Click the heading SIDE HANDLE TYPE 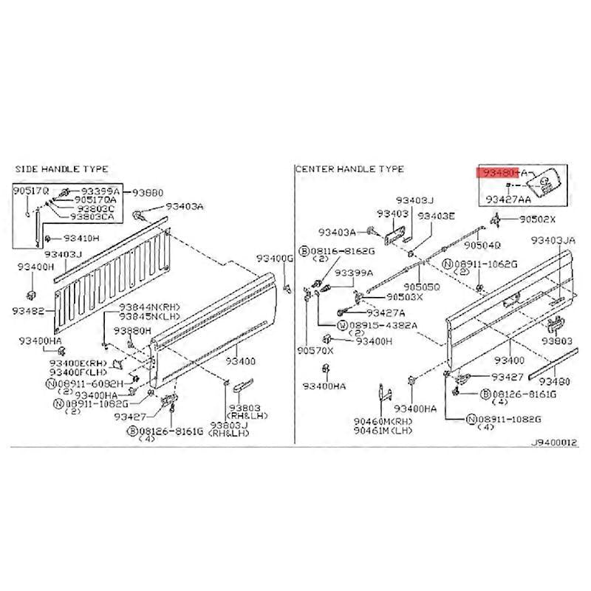point(61,169)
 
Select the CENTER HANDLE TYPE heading point(349,169)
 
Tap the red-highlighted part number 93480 point(499,172)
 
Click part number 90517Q point(31,191)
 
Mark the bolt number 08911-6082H point(92,384)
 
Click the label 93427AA point(508,199)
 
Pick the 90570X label point(315,350)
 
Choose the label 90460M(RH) point(383,421)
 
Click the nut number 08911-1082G point(510,419)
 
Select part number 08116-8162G point(341,252)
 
